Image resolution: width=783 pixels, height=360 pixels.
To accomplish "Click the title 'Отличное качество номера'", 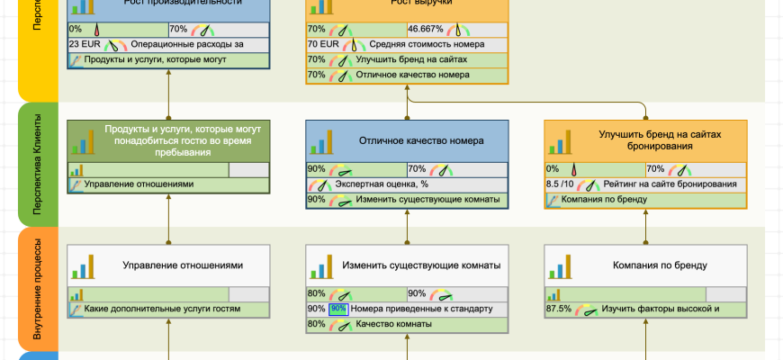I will (421, 141).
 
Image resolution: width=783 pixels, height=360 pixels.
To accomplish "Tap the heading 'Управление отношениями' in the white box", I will (183, 265).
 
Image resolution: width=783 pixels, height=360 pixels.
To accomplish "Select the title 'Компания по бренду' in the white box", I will (660, 265).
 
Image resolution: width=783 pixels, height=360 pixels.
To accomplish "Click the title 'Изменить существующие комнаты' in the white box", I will (421, 265).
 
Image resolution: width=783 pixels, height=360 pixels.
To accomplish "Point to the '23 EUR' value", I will (85, 44).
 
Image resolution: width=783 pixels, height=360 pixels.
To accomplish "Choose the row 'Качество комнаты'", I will (393, 324).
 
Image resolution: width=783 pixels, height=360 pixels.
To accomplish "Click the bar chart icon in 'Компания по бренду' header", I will (564, 266).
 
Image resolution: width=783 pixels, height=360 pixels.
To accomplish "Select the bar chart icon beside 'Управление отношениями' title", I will (87, 266).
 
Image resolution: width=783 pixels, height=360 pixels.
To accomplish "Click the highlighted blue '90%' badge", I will (338, 309).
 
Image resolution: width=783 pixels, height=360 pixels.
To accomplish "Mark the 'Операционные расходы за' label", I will (187, 44).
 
